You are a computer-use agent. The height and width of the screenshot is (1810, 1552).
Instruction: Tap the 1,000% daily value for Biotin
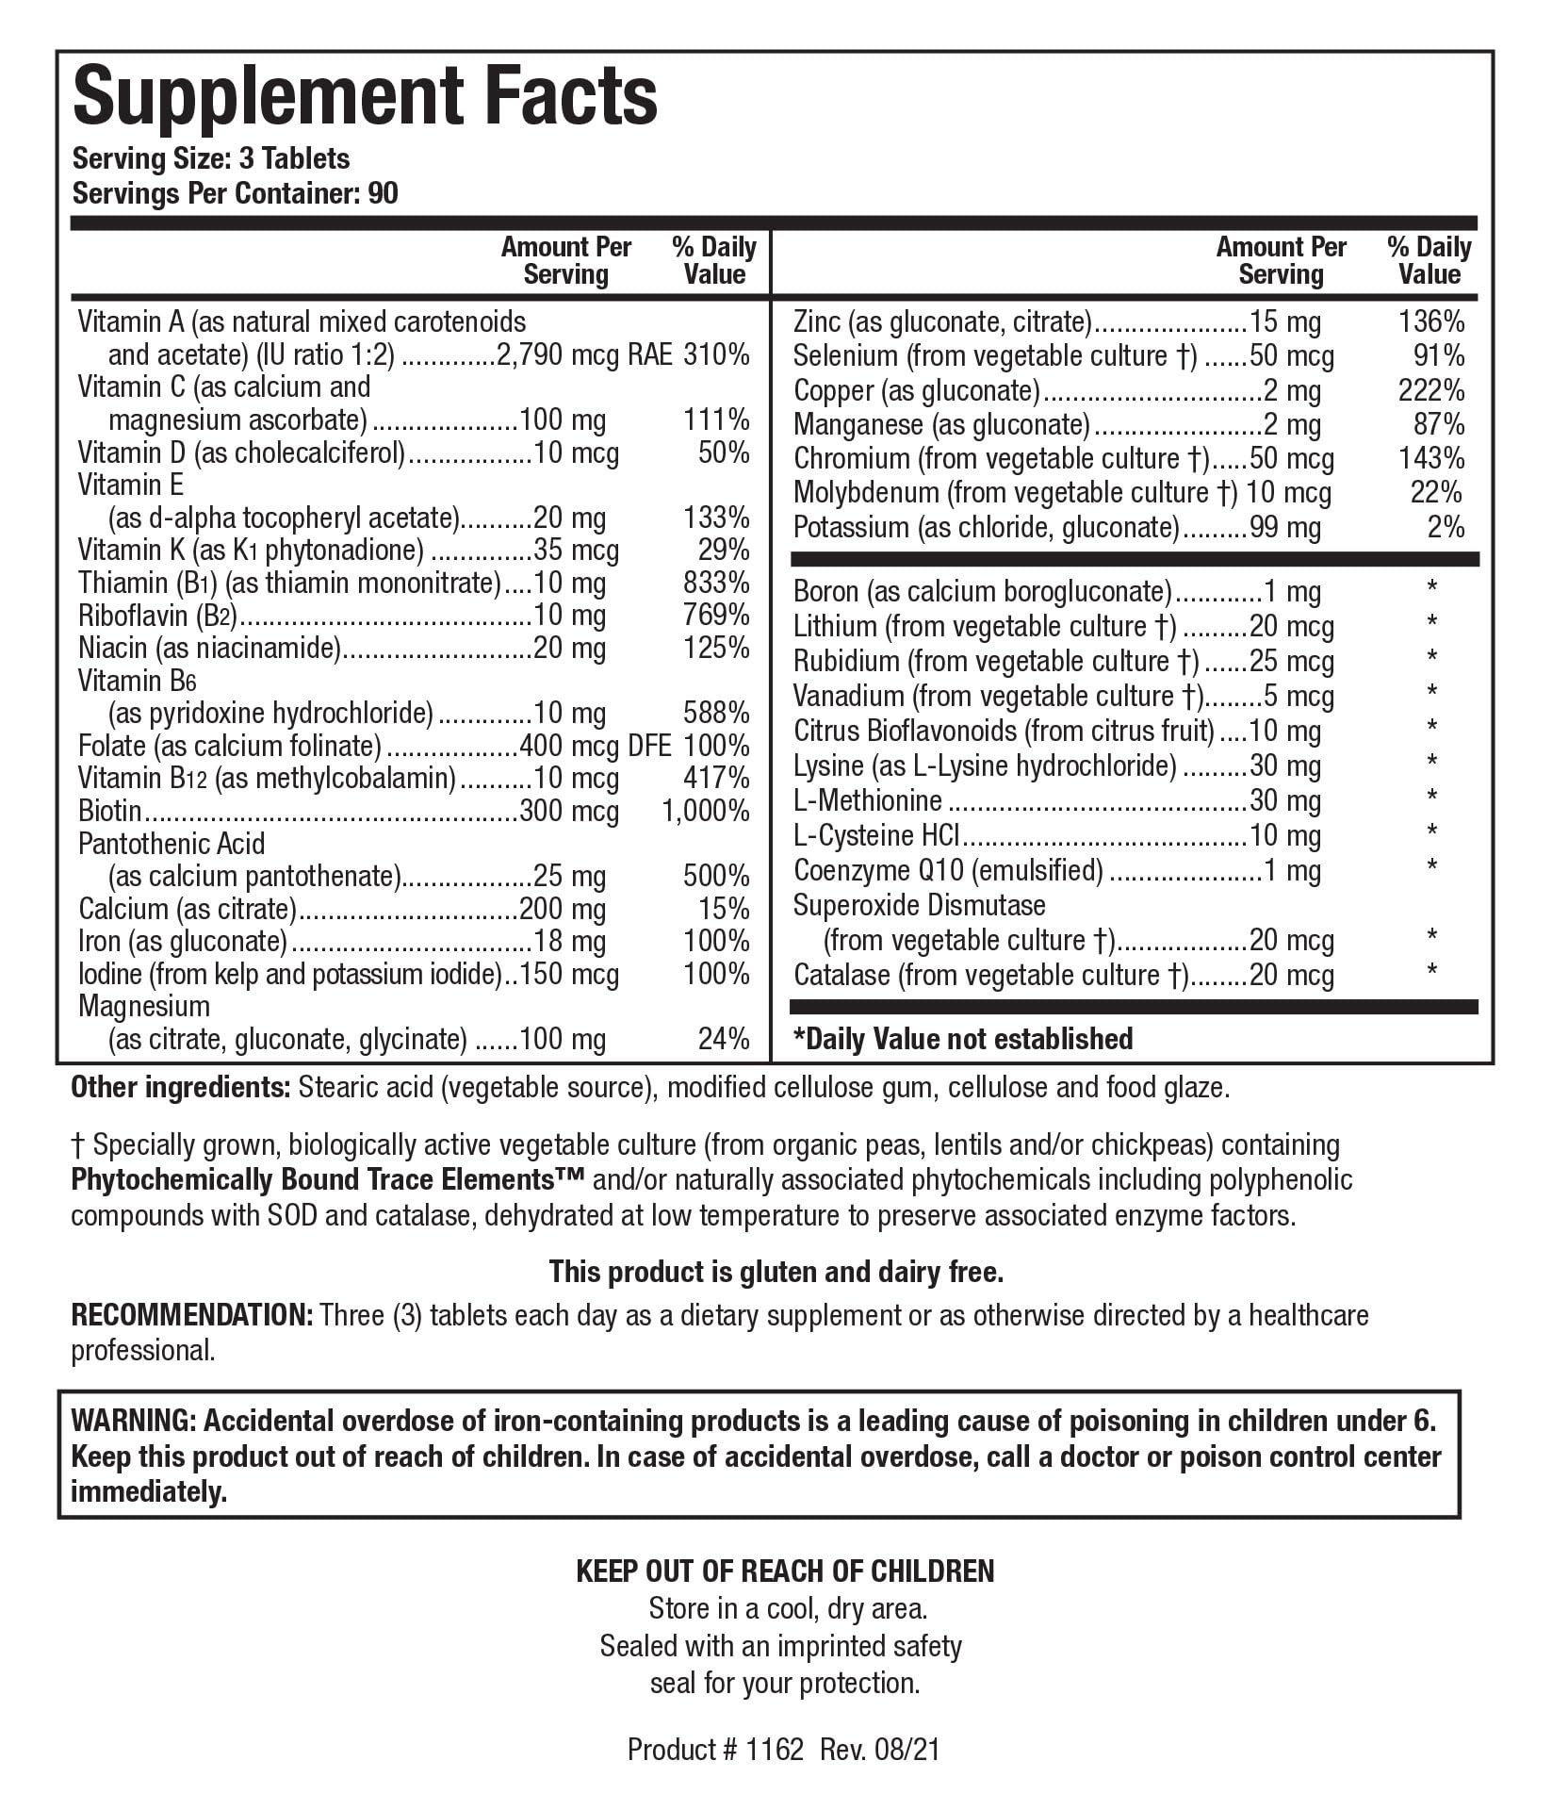click(x=706, y=811)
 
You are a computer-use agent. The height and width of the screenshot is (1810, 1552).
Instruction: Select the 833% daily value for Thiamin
click(x=716, y=583)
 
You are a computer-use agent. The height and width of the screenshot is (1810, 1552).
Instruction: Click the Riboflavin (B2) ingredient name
click(x=156, y=616)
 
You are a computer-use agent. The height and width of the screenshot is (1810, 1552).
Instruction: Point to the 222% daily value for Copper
click(x=1431, y=390)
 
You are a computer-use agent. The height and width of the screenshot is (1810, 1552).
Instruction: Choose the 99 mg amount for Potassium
click(x=1285, y=527)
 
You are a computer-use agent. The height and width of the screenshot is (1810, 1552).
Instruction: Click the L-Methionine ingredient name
click(x=868, y=800)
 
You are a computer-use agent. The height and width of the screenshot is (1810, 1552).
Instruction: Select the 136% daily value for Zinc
click(x=1431, y=321)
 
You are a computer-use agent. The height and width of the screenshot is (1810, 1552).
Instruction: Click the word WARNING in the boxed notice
click(x=131, y=1422)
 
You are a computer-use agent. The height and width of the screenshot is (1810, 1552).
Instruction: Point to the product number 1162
click(x=775, y=1750)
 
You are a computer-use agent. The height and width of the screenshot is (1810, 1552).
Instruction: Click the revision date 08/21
click(x=908, y=1750)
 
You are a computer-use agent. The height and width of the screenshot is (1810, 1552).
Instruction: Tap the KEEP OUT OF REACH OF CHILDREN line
click(x=785, y=1571)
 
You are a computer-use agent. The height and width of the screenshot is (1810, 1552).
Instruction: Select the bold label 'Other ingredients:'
click(x=181, y=1088)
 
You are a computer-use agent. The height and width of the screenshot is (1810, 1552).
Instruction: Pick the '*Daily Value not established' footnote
click(x=963, y=1039)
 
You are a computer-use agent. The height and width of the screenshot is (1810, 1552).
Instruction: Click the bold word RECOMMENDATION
click(x=192, y=1315)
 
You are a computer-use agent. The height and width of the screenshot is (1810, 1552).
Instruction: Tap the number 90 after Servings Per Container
click(x=384, y=193)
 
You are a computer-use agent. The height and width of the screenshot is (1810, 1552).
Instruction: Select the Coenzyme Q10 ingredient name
click(x=948, y=870)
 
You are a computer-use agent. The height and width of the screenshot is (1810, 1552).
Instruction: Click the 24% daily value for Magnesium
click(x=724, y=1039)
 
